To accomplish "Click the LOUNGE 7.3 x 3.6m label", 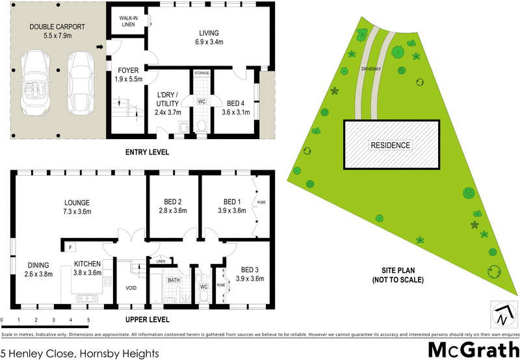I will tap(81, 207).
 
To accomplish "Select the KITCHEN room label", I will tap(87, 268).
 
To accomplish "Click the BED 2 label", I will tap(172, 206).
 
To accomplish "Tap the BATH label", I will tap(172, 281).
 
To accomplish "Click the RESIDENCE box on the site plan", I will tap(390, 146).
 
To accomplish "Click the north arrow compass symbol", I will tap(500, 316).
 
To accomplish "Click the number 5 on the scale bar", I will tap(88, 320).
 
